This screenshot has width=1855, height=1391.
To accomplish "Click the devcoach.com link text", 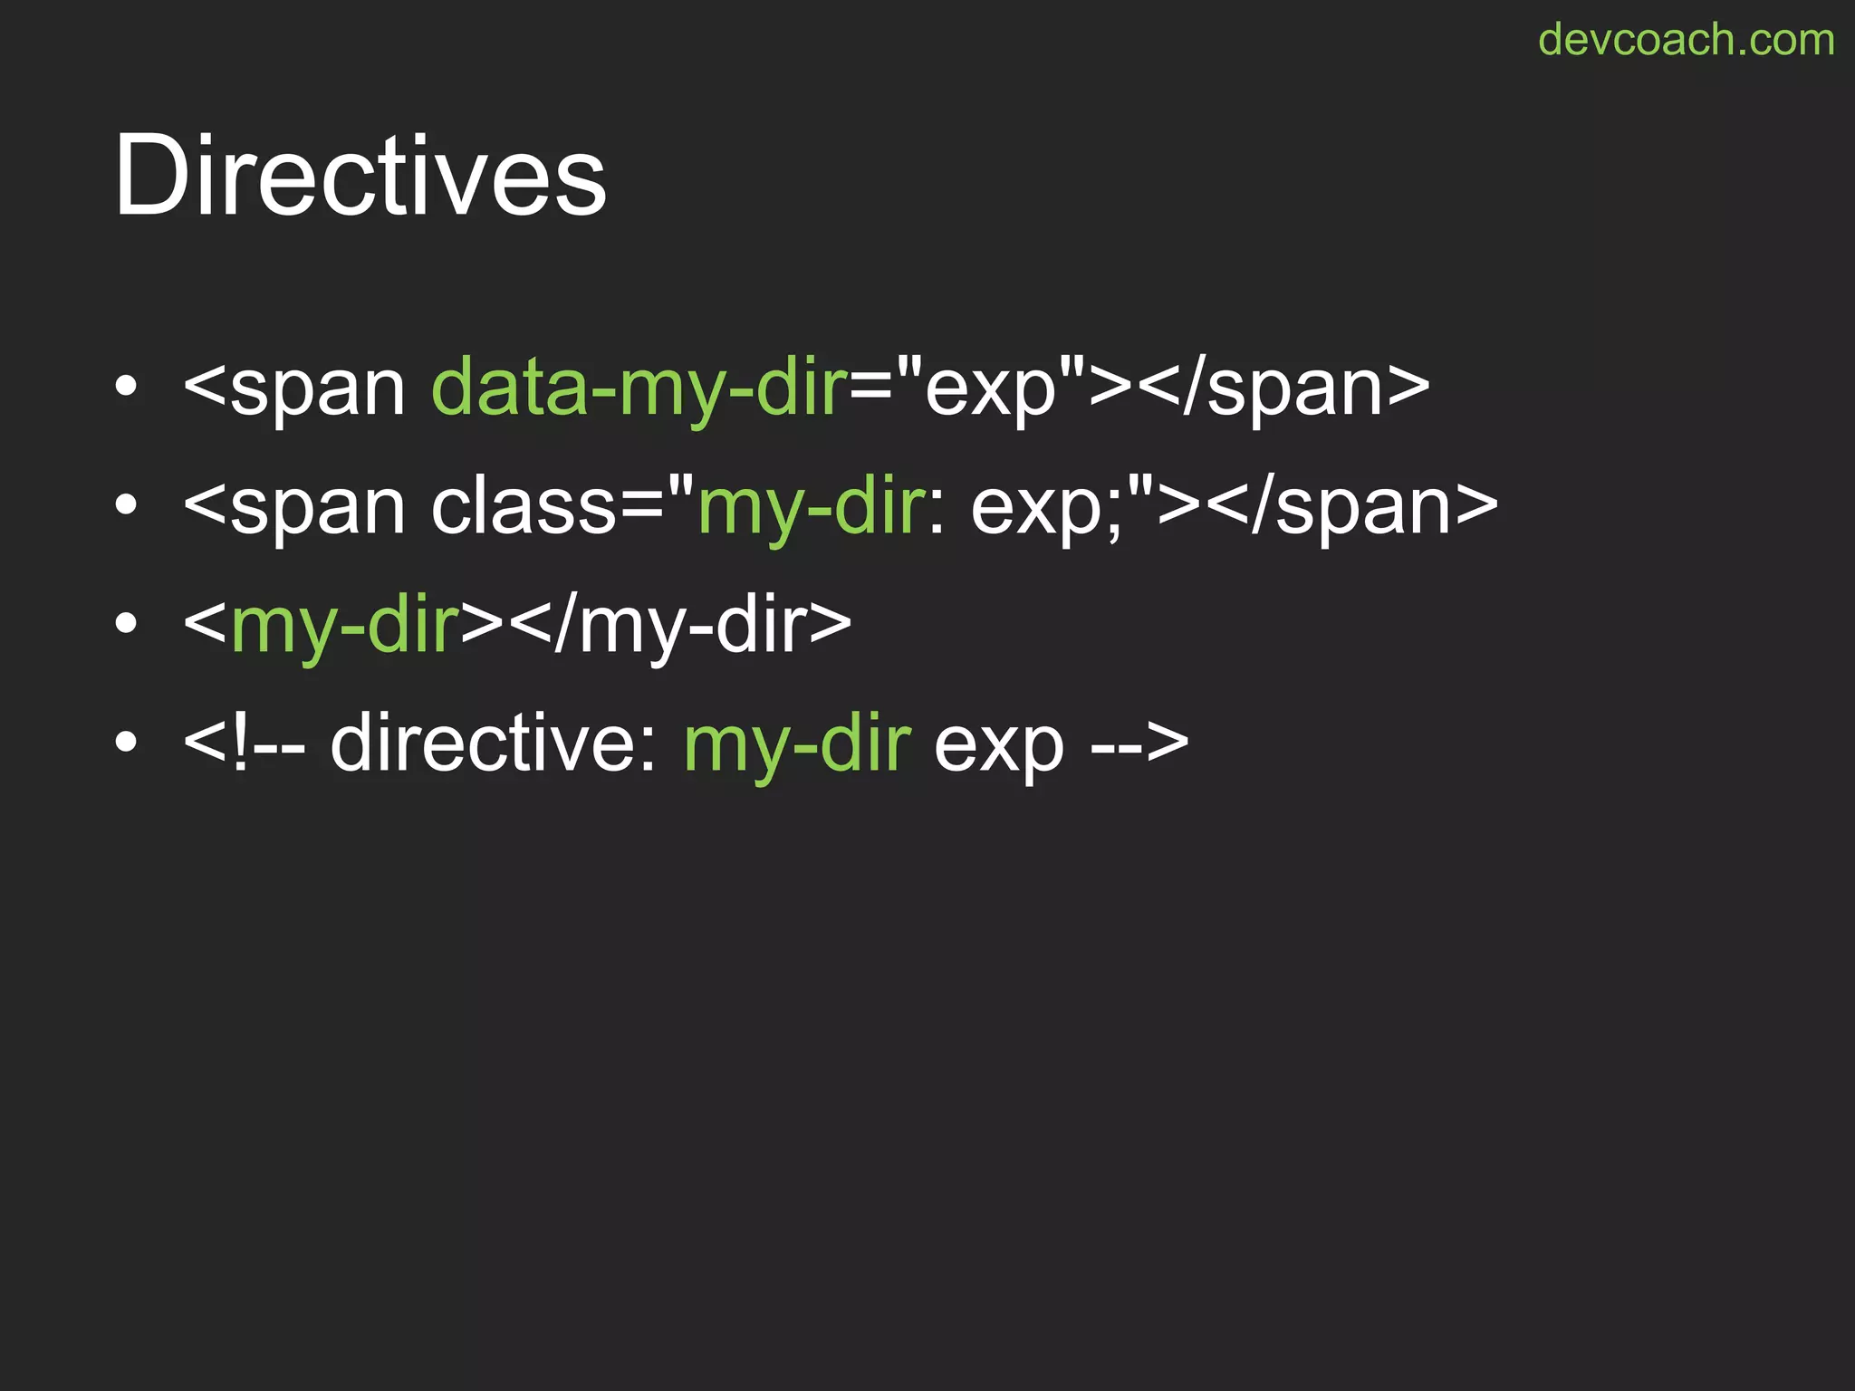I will [x=1686, y=40].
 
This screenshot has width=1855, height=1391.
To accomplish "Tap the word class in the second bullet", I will [x=524, y=506].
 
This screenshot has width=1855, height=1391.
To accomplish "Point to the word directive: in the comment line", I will [x=494, y=744].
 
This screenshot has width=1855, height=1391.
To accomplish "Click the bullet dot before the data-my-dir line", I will [x=126, y=387].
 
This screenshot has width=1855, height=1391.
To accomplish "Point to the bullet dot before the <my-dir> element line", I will [x=126, y=624].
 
